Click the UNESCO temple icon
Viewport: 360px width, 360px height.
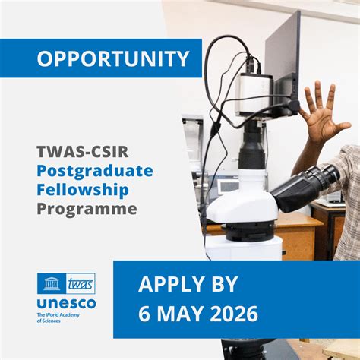coord(52,283)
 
